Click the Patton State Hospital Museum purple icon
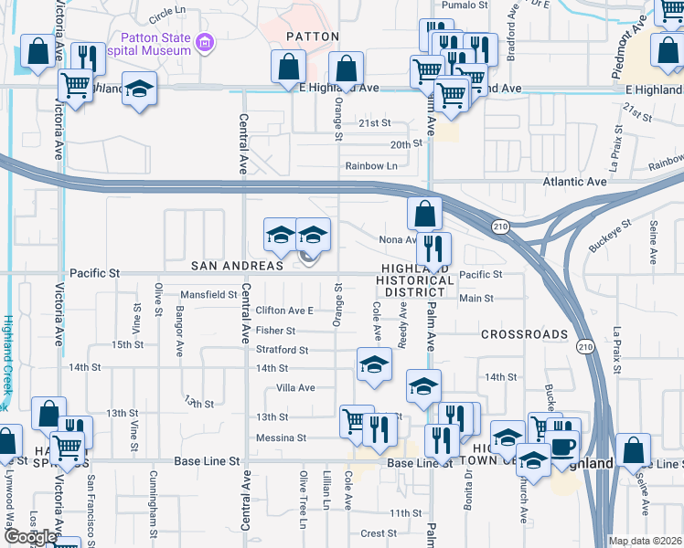(206, 42)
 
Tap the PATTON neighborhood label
(313, 37)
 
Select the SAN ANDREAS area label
(237, 266)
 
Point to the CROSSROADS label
(525, 335)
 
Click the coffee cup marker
(561, 445)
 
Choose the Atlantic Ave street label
(574, 183)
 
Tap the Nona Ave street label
(397, 239)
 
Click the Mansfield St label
(208, 295)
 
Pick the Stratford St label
(282, 350)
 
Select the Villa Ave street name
(295, 388)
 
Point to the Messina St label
(281, 438)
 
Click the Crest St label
(379, 533)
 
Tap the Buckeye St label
(611, 236)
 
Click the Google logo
(29, 537)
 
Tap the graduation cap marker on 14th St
(373, 364)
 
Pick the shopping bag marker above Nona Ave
(424, 215)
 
